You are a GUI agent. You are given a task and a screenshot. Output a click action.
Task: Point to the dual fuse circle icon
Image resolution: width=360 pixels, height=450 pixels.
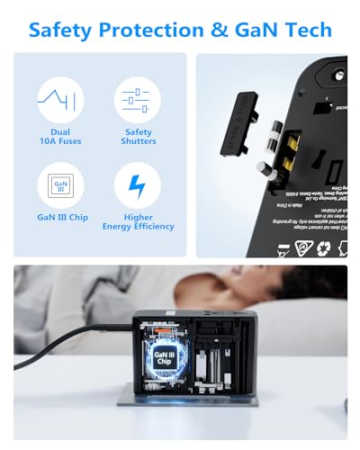point(59,100)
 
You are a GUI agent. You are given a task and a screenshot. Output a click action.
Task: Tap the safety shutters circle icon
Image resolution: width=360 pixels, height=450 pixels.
point(138,100)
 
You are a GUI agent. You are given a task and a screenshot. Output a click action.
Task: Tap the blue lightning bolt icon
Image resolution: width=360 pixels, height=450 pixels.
point(138,185)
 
